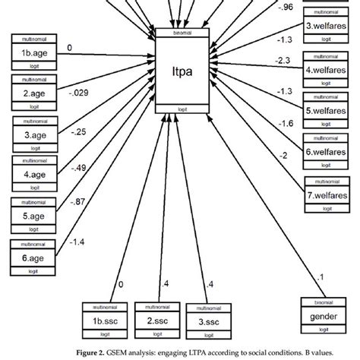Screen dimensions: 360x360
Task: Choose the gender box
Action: click(x=324, y=316)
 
